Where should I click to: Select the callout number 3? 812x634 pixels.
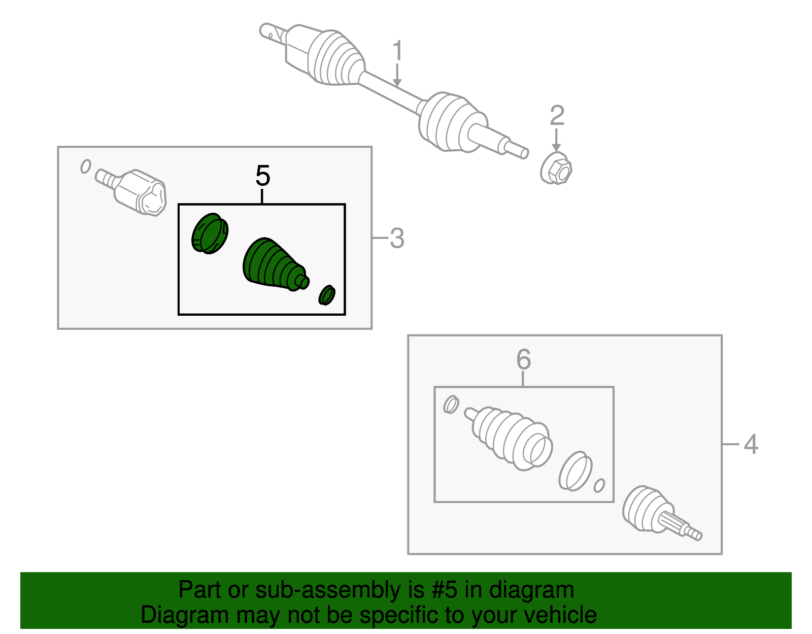[x=397, y=238]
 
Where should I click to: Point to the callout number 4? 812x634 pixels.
[x=751, y=444]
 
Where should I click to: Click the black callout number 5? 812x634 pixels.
[x=263, y=176]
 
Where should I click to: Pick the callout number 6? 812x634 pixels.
[x=524, y=359]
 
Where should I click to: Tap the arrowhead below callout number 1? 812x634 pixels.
[x=397, y=83]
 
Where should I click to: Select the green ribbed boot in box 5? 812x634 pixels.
[x=275, y=265]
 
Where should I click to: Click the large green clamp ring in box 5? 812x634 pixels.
[x=210, y=233]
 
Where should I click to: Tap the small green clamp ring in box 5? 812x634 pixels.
[x=327, y=295]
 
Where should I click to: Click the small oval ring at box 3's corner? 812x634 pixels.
[x=86, y=166]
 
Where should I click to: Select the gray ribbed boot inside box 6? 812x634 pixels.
[x=508, y=438]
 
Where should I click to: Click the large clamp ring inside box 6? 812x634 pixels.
[x=575, y=471]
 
